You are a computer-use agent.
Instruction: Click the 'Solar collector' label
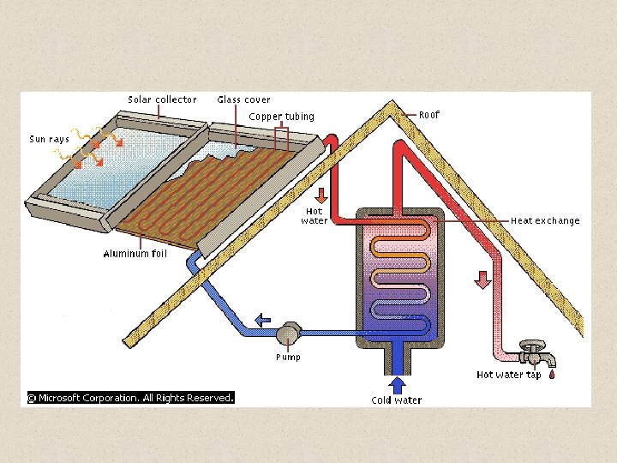point(162,99)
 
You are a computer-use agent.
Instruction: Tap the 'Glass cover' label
point(243,99)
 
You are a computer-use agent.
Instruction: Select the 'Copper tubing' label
point(281,117)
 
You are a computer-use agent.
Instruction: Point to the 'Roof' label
point(429,114)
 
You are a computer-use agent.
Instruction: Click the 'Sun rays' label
point(49,139)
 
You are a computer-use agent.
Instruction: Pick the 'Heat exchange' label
point(545,220)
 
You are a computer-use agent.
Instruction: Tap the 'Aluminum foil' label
point(135,254)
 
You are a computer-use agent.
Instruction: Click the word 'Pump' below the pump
point(288,357)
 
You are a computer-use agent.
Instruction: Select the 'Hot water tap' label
point(508,375)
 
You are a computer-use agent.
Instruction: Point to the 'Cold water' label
point(396,400)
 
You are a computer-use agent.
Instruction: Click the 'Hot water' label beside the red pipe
point(314,216)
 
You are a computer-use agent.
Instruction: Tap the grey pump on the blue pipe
point(288,331)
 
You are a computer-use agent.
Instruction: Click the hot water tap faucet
point(536,352)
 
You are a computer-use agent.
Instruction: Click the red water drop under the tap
point(552,375)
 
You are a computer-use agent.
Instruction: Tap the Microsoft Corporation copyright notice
point(130,398)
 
